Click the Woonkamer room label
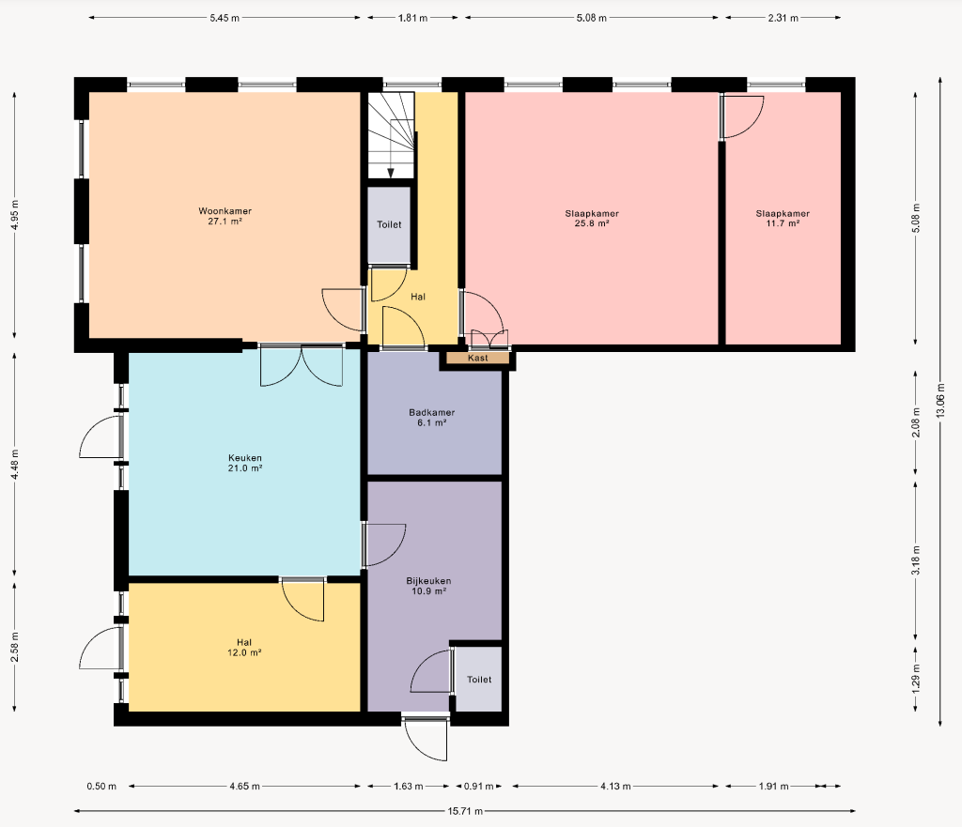tap(225, 216)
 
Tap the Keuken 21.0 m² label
tap(245, 463)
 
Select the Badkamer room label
tap(431, 418)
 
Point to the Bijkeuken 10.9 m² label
tap(428, 586)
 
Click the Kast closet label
tap(477, 358)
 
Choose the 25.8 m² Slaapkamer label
tap(592, 218)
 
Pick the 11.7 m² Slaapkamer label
tap(783, 218)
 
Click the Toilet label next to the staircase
tap(389, 225)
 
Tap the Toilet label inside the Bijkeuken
tap(479, 680)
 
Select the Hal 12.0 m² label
tap(244, 648)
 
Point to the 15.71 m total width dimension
tap(464, 811)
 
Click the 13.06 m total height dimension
tap(939, 401)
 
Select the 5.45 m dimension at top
tap(225, 18)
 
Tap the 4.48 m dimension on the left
tap(15, 464)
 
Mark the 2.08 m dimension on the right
tap(915, 422)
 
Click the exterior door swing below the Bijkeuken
tap(426, 739)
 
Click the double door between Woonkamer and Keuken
tap(302, 366)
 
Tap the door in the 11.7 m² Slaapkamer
tap(742, 116)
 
